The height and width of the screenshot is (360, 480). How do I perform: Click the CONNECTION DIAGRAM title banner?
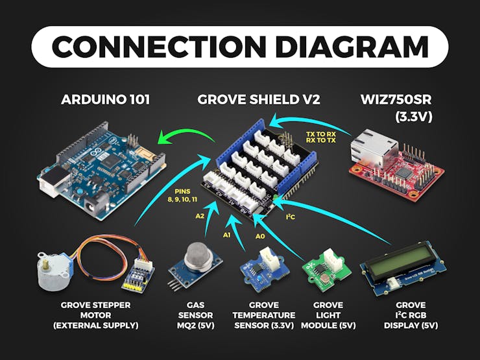[240, 47]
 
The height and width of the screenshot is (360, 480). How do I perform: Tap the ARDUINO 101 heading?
[105, 100]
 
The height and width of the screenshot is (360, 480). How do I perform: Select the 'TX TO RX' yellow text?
[318, 133]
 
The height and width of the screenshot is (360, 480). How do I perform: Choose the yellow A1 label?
[227, 234]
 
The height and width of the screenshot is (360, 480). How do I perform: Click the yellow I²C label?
[291, 217]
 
